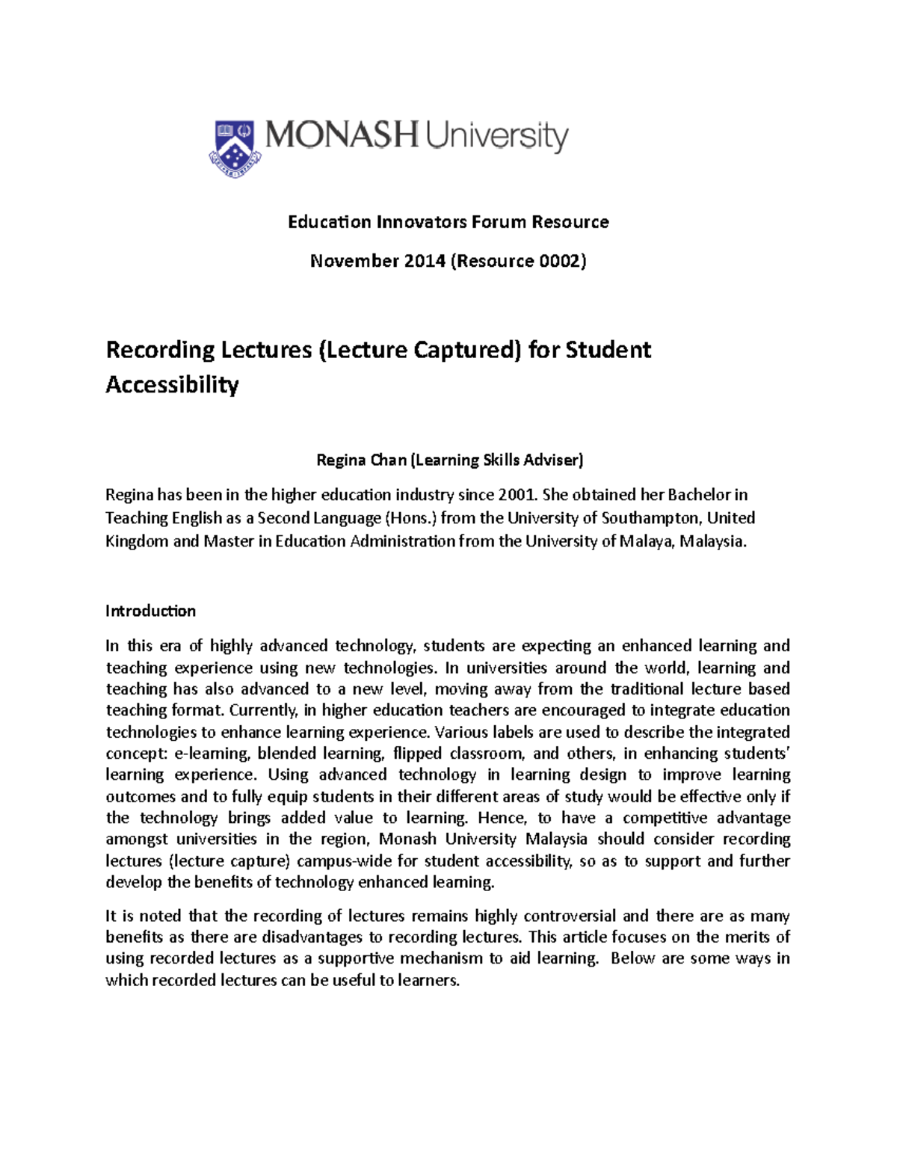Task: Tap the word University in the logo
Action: [x=497, y=138]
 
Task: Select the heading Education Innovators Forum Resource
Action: [x=449, y=222]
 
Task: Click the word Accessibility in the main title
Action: [x=172, y=385]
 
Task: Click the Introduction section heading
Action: [x=150, y=611]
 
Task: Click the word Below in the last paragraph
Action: [x=632, y=958]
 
